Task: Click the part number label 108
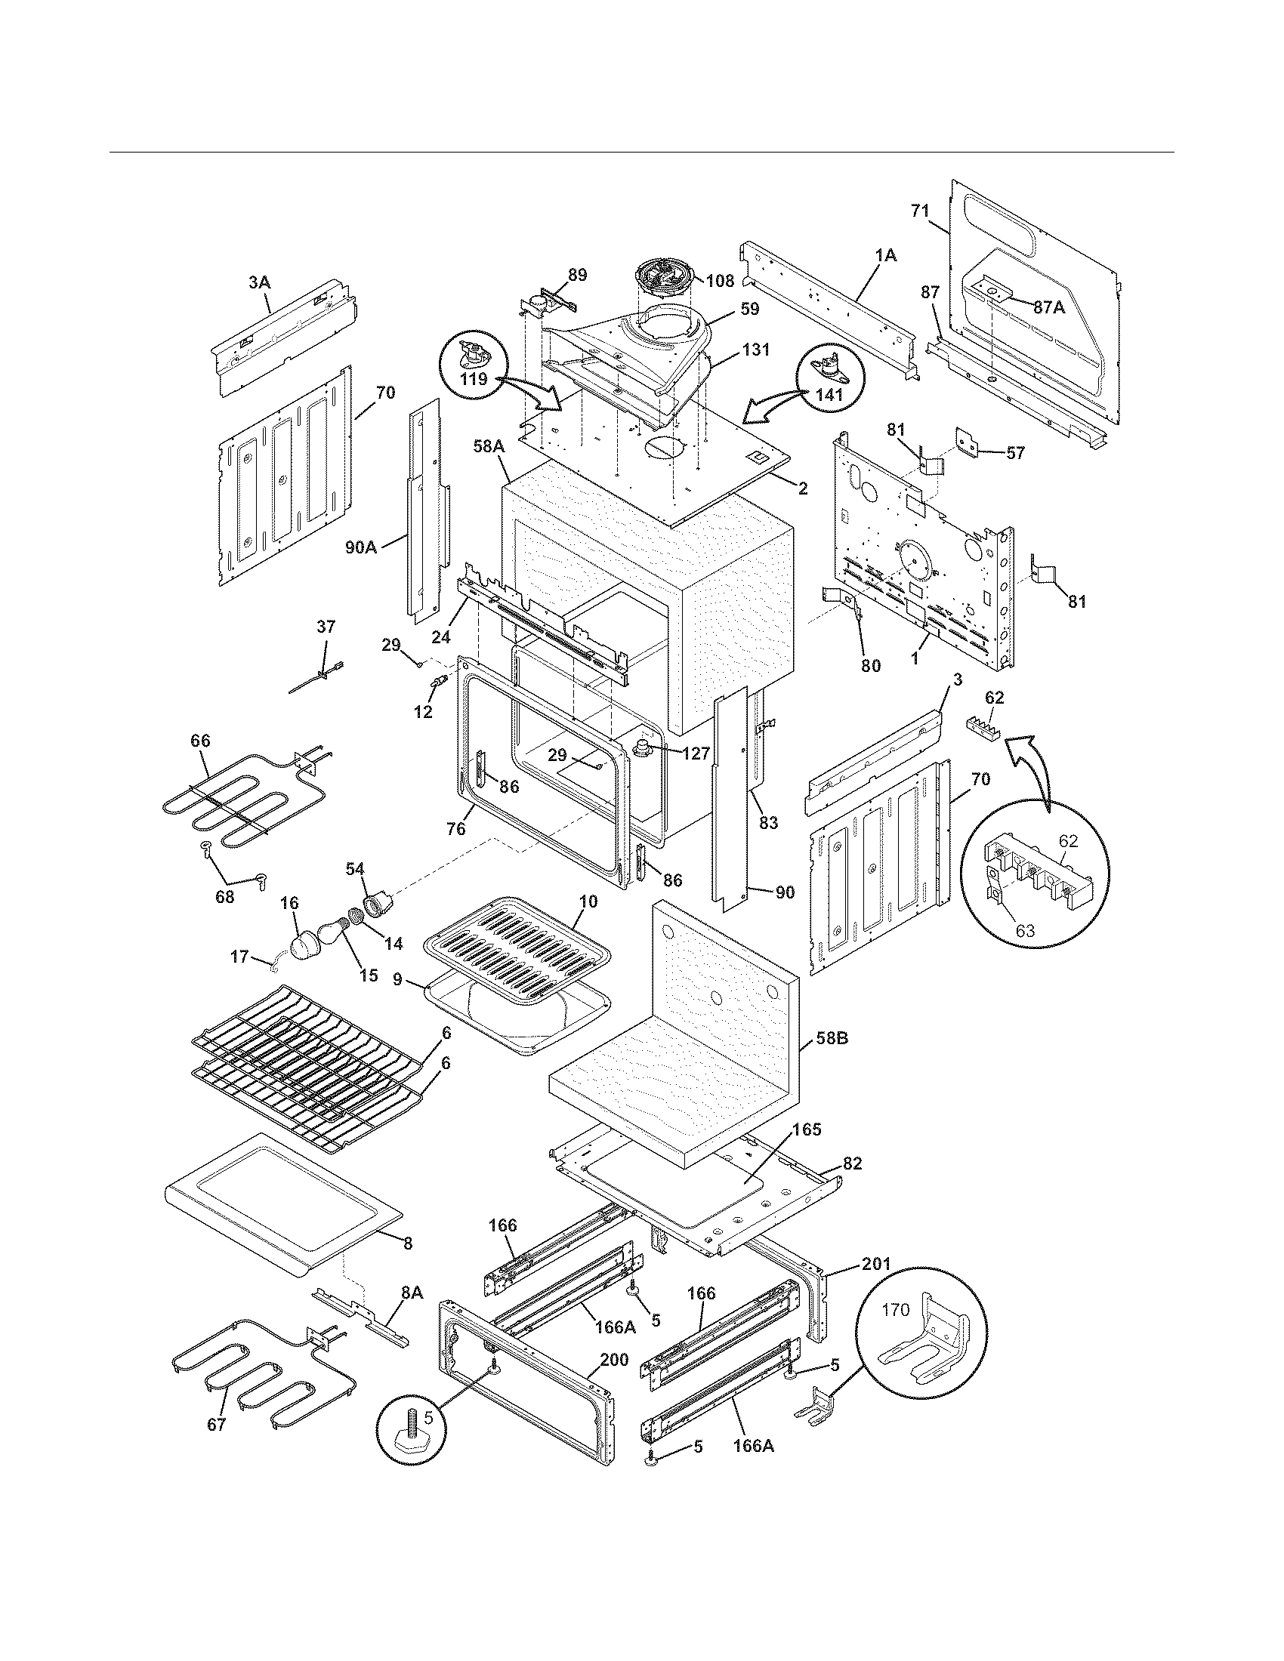[x=720, y=281]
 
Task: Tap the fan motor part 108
[x=659, y=283]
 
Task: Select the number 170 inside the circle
[x=895, y=1311]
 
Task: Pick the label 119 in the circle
[x=473, y=379]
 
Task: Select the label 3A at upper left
[x=258, y=282]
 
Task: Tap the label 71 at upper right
[x=921, y=211]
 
